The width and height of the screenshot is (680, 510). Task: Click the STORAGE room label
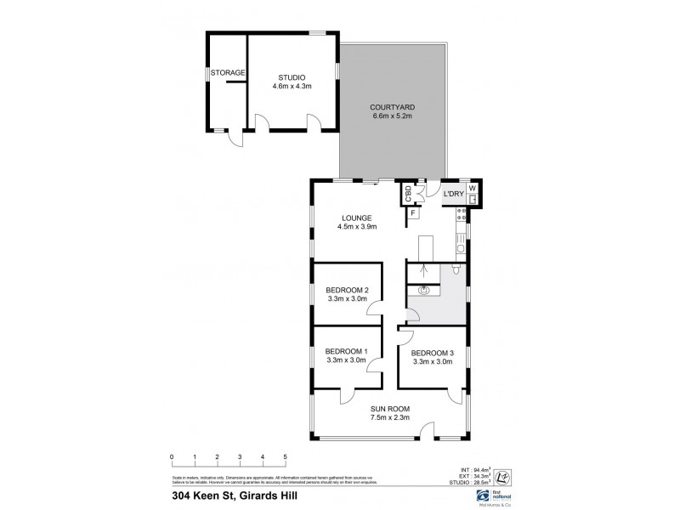coord(229,73)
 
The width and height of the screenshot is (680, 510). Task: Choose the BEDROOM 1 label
coord(346,351)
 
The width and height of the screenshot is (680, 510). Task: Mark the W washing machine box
coord(473,189)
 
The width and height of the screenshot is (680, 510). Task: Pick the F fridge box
coord(413,212)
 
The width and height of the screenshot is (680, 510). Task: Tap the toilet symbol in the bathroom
coord(458,271)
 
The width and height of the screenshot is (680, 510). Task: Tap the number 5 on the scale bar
coord(286,457)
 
